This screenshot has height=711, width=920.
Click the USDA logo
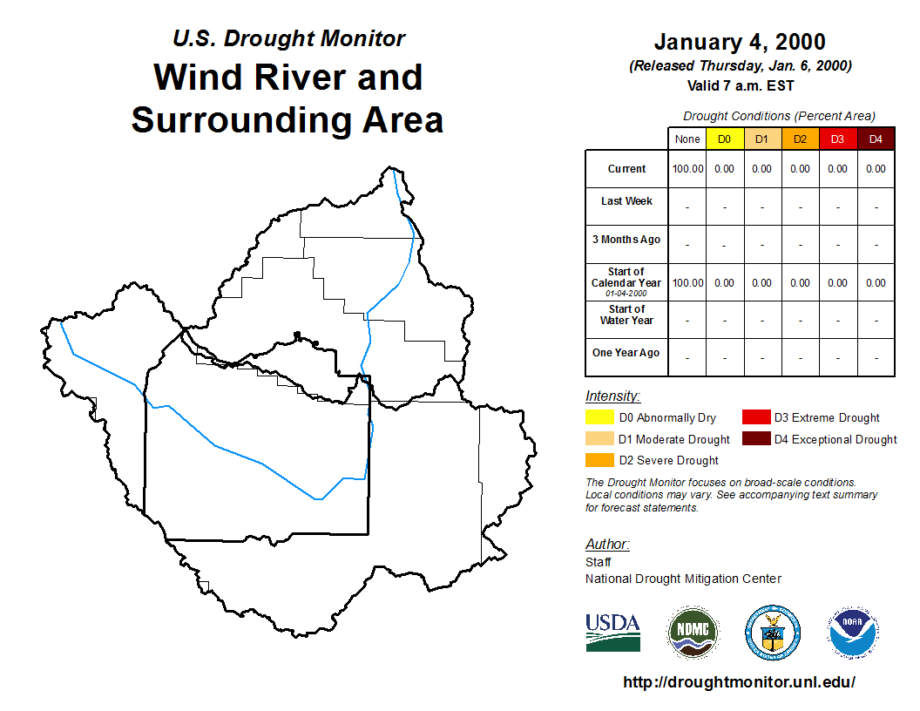[x=612, y=633]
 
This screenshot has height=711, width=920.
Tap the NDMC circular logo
[x=693, y=633]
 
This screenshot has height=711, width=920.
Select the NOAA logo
[x=853, y=632]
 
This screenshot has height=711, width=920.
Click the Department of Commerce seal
[x=773, y=633]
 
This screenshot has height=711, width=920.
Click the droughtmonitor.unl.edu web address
[x=739, y=681]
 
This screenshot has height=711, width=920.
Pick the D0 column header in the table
[x=725, y=139]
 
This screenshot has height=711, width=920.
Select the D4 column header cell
[x=876, y=139]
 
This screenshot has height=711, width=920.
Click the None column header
[x=687, y=139]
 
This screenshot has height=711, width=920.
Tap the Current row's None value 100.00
[x=687, y=169]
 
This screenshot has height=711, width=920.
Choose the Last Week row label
[x=626, y=201]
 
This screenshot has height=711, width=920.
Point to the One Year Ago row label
[x=626, y=353]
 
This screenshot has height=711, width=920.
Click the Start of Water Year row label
[x=626, y=315]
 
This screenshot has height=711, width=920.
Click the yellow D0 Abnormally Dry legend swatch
[x=599, y=417]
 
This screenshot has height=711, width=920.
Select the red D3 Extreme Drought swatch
[x=756, y=417]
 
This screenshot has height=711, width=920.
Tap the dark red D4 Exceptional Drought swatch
[x=756, y=438]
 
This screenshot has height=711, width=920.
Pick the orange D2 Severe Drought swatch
[x=599, y=460]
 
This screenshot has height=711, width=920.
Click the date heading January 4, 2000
[x=740, y=42]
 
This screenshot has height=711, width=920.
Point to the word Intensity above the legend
[x=612, y=396]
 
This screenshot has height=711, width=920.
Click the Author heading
[x=607, y=545]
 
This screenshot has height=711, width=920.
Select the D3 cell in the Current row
[x=837, y=169]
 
